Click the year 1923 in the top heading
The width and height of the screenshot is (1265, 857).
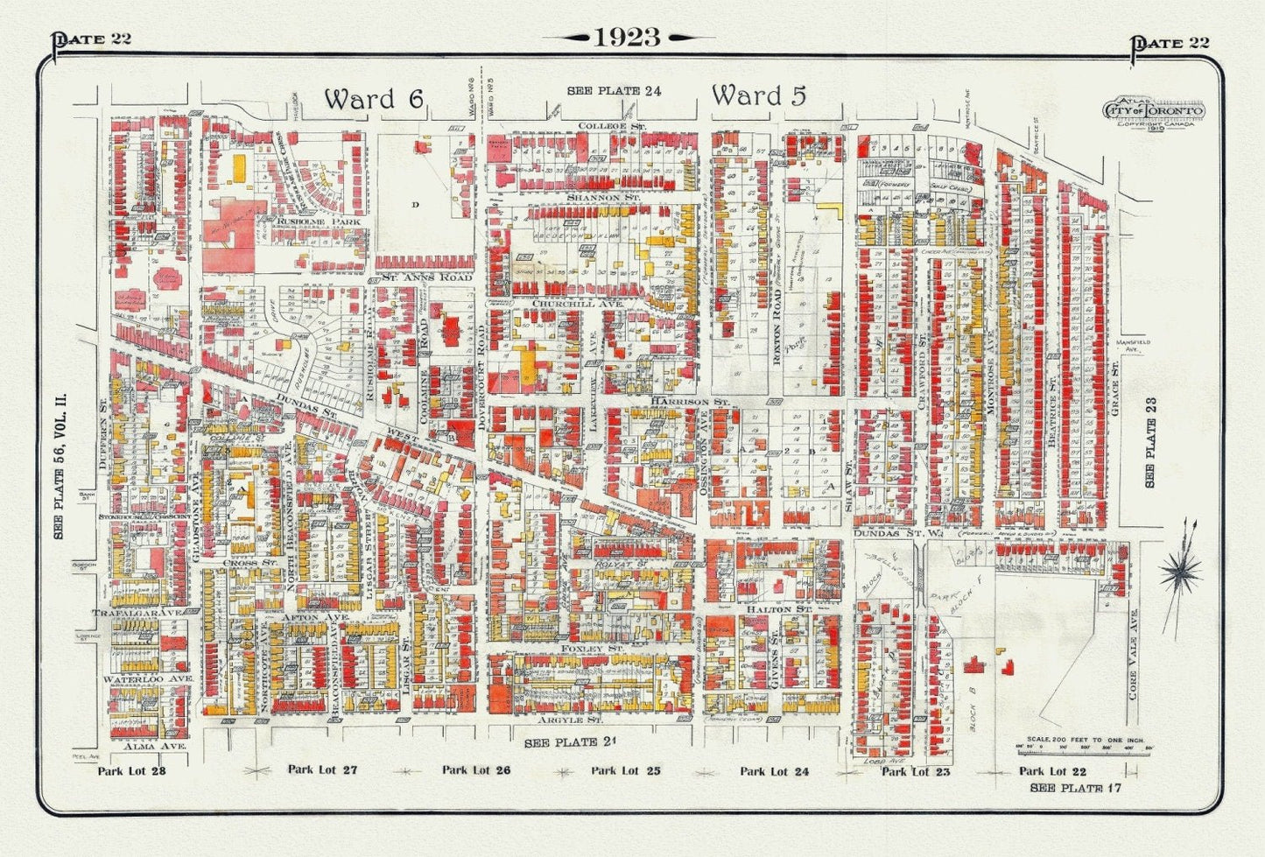(628, 37)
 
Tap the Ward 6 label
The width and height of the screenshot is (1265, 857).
(374, 99)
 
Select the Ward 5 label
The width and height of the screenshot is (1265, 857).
(758, 95)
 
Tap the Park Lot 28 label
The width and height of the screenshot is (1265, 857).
(131, 771)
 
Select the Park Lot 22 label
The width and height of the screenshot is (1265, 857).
(1052, 771)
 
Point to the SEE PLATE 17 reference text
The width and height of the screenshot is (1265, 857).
(1075, 788)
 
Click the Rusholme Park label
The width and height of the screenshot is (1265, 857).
(306, 221)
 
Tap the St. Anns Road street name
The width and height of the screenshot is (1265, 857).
(425, 277)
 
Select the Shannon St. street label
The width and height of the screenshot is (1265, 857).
(604, 199)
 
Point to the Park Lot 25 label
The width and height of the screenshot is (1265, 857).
(625, 771)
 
